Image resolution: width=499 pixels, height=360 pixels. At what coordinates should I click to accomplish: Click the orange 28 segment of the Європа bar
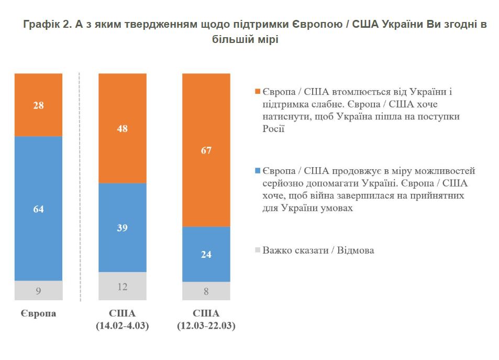pos(38,105)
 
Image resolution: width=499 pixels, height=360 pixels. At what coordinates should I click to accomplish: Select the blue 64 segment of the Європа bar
pos(38,209)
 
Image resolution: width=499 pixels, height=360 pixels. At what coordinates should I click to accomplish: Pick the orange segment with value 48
pos(123,128)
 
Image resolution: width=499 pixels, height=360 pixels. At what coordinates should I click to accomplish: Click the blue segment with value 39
pos(123,227)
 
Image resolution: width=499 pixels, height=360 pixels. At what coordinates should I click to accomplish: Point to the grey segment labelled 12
pos(123,287)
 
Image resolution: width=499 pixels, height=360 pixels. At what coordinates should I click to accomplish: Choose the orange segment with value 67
pos(206,150)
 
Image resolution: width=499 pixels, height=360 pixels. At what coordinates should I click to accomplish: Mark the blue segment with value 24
pos(206,254)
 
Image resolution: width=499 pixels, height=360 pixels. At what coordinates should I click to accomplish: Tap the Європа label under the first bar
pos(38,314)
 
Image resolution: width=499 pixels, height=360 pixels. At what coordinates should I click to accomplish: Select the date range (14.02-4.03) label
pos(123,326)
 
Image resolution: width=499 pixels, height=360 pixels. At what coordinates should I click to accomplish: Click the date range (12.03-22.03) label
pos(206,326)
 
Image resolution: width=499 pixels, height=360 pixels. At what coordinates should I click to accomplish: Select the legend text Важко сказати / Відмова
pos(318,250)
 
